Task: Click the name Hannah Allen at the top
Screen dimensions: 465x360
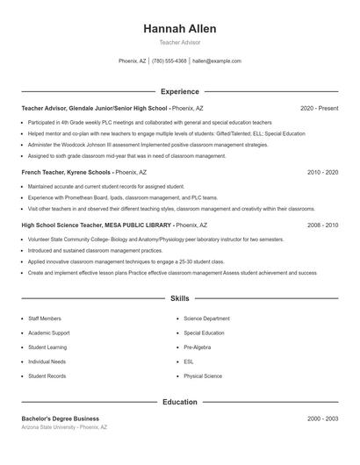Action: pos(179,29)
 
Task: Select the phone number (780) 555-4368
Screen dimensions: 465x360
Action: pos(169,61)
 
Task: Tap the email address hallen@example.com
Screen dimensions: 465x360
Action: pos(217,61)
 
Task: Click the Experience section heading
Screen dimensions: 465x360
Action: pos(179,91)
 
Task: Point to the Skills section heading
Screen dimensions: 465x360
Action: pos(179,299)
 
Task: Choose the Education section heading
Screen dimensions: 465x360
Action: pos(179,403)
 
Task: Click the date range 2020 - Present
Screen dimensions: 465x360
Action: pos(319,108)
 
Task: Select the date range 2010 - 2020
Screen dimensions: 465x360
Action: pos(322,173)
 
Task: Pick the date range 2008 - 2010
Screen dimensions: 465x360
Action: pos(322,225)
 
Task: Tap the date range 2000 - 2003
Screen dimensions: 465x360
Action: pos(322,418)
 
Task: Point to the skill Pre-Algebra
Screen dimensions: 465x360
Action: pos(196,347)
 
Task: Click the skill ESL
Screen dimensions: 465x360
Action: pos(188,361)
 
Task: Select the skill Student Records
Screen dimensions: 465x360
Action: pos(47,376)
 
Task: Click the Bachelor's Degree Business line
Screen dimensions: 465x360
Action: pos(60,418)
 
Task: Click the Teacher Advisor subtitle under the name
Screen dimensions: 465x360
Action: pos(179,42)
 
